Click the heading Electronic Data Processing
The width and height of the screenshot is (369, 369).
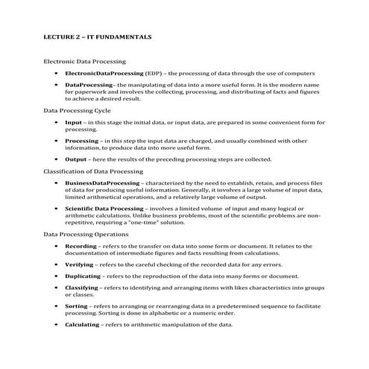[84, 61]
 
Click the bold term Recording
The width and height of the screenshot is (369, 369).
[81, 245]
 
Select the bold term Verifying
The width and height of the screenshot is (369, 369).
[79, 264]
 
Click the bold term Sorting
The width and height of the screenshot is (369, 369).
[76, 306]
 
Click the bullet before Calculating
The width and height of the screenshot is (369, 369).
[57, 324]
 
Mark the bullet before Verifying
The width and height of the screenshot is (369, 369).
[57, 264]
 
